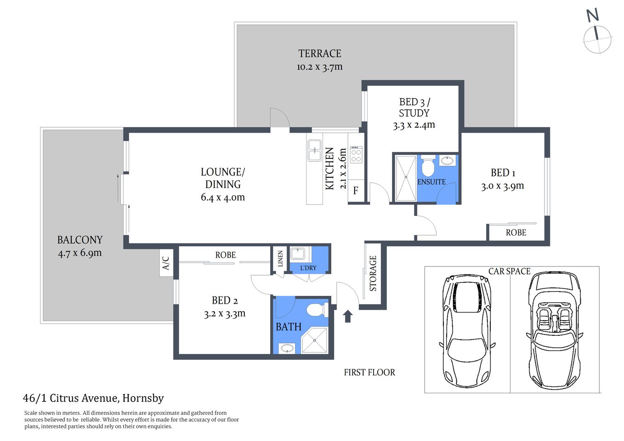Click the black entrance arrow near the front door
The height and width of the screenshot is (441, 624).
click(x=348, y=316)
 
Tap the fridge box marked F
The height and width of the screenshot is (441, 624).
click(x=356, y=191)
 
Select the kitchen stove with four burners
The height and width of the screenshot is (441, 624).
click(x=356, y=154)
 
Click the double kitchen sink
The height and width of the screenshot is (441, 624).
click(x=314, y=151)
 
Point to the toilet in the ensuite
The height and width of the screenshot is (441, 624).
click(x=428, y=167)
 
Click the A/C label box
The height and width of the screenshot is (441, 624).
click(x=166, y=263)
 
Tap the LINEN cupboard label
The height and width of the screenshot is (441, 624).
click(x=280, y=259)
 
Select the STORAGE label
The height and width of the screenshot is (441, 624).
click(x=373, y=273)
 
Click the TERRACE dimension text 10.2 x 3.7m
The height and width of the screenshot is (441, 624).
click(x=319, y=67)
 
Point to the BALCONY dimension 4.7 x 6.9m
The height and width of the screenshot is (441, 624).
click(x=79, y=253)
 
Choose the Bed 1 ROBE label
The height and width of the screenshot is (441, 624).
click(x=516, y=233)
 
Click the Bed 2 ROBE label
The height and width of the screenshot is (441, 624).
click(x=225, y=255)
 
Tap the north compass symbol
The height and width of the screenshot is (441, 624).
click(x=597, y=34)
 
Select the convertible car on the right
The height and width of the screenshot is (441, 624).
click(x=554, y=329)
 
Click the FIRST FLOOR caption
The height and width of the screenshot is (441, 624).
click(x=369, y=373)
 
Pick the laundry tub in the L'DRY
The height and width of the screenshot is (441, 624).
click(x=298, y=254)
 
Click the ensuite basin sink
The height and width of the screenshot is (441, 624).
click(x=447, y=161)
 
